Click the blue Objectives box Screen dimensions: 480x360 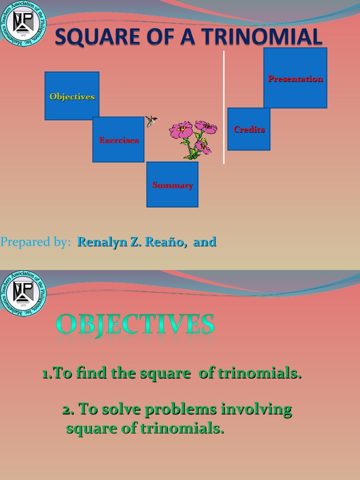pos(72,96)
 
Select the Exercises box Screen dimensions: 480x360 pos(118,139)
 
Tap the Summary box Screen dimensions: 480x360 pos(172,184)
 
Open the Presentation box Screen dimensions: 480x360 pos(295,78)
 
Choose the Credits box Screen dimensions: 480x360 pos(249,129)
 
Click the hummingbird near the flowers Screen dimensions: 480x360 pos(151,120)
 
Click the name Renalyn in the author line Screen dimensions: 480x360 pos(101,242)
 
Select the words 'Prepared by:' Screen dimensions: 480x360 pos(36,242)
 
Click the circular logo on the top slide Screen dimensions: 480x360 pos(23,23)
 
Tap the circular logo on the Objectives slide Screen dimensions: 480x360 pos(23,293)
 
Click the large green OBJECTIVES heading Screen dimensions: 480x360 pos(135,324)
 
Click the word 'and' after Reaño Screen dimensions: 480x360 pos(205,242)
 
